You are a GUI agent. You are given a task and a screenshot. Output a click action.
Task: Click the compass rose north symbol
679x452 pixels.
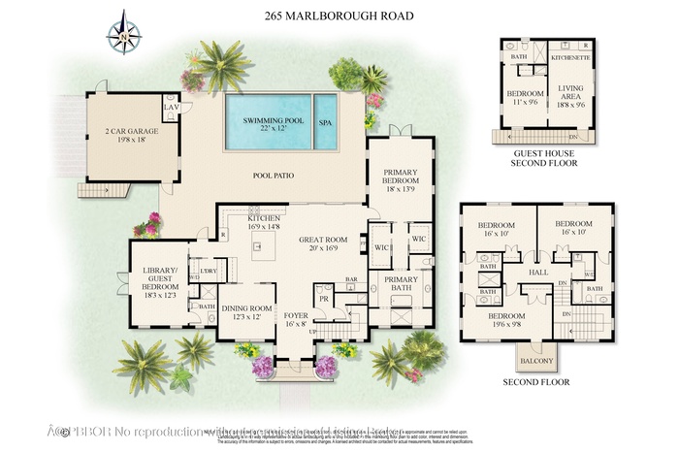pos(123,31)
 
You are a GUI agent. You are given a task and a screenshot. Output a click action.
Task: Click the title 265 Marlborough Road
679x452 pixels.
pos(339,16)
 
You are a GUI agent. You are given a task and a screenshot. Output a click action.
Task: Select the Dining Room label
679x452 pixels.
pos(245,310)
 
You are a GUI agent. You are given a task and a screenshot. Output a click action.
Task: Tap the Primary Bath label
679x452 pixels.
pos(401,283)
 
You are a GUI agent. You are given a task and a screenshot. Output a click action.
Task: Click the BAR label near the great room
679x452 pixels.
pos(352,280)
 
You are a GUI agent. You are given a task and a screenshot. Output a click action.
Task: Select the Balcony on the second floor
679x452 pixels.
pos(535,362)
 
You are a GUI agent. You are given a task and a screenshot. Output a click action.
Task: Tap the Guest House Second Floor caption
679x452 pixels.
pos(543,158)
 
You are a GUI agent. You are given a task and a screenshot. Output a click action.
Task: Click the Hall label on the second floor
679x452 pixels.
pos(538,273)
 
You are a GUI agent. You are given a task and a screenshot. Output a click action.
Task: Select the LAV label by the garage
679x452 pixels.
pos(172,107)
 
